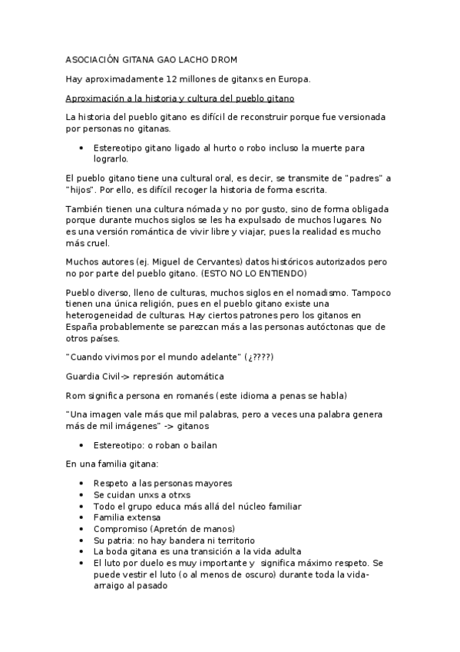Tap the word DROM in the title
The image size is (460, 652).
pos(232,59)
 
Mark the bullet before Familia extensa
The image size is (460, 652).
pos(81,517)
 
